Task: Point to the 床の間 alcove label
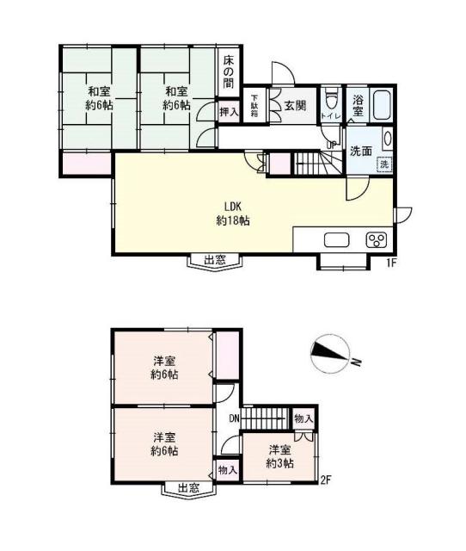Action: coord(230,73)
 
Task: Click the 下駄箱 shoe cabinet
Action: coord(255,107)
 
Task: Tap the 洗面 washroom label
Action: coord(359,151)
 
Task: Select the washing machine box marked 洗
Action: coord(384,164)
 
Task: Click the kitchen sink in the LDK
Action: coord(335,239)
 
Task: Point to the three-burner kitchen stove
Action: coord(376,239)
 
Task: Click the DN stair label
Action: coord(233,419)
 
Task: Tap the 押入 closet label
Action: coord(228,111)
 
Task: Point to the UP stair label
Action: coord(331,144)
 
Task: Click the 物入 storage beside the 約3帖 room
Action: coord(303,418)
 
